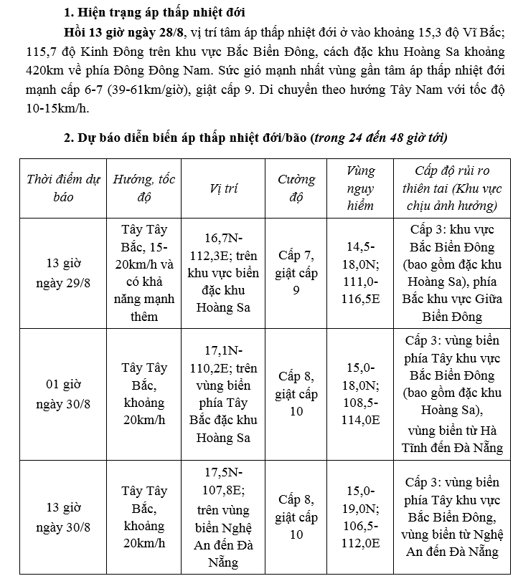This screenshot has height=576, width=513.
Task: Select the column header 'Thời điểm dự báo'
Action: tap(63, 188)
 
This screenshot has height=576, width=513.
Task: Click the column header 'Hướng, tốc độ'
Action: tap(144, 188)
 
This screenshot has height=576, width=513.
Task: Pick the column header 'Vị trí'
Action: tap(223, 188)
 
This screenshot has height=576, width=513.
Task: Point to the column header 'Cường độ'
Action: tap(296, 188)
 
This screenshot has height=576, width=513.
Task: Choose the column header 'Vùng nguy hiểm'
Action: tap(360, 188)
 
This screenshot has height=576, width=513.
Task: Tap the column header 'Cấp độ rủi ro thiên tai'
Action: tap(452, 188)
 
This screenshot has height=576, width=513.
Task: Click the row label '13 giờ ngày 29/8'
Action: tap(63, 272)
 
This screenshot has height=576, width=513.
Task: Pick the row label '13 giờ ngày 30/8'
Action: tap(63, 518)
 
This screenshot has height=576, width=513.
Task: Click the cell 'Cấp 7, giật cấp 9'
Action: tap(296, 272)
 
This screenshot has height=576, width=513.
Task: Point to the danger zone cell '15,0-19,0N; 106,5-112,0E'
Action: tap(360, 518)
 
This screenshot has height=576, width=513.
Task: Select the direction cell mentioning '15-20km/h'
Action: tap(144, 272)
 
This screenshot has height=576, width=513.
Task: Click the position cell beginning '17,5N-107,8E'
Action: tap(223, 518)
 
